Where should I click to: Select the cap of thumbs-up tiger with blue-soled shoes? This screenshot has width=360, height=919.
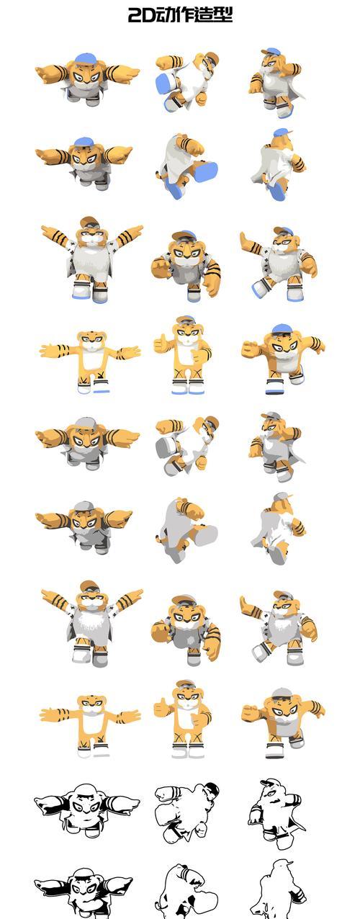186,320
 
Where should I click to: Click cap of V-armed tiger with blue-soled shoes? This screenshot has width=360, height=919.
91,222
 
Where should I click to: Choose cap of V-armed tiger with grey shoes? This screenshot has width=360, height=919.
91,586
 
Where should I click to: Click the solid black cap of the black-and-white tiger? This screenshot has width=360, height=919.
213,788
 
